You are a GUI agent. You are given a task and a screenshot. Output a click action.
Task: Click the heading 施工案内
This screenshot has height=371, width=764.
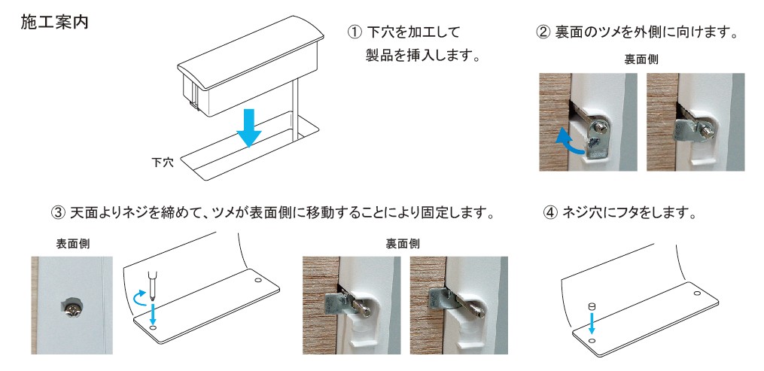coord(54,22)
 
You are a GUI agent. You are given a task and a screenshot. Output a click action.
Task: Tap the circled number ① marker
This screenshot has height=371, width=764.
coord(355,32)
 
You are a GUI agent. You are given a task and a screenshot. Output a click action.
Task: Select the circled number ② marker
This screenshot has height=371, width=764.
coord(543,32)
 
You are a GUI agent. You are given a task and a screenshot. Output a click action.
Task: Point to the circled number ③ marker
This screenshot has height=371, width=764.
coord(58,213)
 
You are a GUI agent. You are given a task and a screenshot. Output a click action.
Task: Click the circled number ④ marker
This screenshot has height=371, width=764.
coord(550,213)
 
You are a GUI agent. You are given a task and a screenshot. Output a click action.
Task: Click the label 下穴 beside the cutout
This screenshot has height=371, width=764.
coord(163,163)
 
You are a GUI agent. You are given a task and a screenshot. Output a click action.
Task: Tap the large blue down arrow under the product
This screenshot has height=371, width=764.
coord(248,128)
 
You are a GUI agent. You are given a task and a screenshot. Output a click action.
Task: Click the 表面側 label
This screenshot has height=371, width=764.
coord(72,243)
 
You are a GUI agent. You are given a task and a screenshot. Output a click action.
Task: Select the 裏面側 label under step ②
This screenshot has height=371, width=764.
coord(641,59)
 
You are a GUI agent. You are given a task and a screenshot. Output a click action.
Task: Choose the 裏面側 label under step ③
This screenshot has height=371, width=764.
coord(403,243)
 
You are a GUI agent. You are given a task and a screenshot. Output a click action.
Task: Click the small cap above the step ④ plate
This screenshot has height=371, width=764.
coord(592,306)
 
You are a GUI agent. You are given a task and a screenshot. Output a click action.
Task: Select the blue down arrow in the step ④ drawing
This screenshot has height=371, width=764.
coord(592,324)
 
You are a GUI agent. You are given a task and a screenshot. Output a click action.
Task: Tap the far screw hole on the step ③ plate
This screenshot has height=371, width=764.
coord(258,281)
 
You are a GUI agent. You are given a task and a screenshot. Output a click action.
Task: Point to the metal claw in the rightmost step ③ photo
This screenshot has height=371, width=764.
coord(439,298)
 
